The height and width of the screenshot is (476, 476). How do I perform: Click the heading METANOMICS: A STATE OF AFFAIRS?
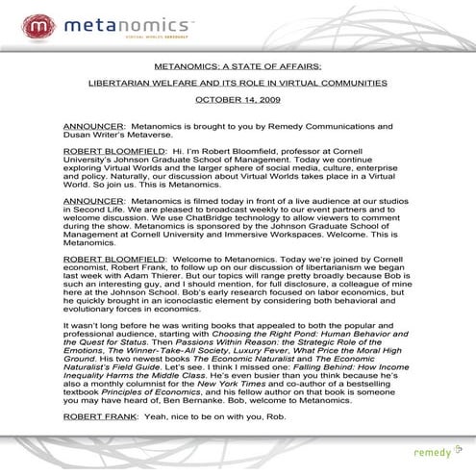coord(238,65)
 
